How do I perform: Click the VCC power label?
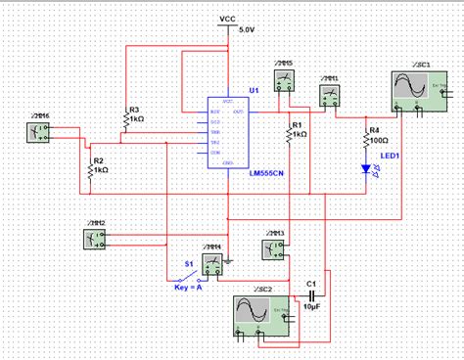[227, 19]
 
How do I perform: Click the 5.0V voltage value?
[244, 30]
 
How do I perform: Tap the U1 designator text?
[253, 90]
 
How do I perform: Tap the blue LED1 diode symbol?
[366, 168]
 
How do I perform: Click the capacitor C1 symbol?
[311, 295]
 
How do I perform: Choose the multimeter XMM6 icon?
[39, 134]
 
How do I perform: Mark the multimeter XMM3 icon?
[273, 248]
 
